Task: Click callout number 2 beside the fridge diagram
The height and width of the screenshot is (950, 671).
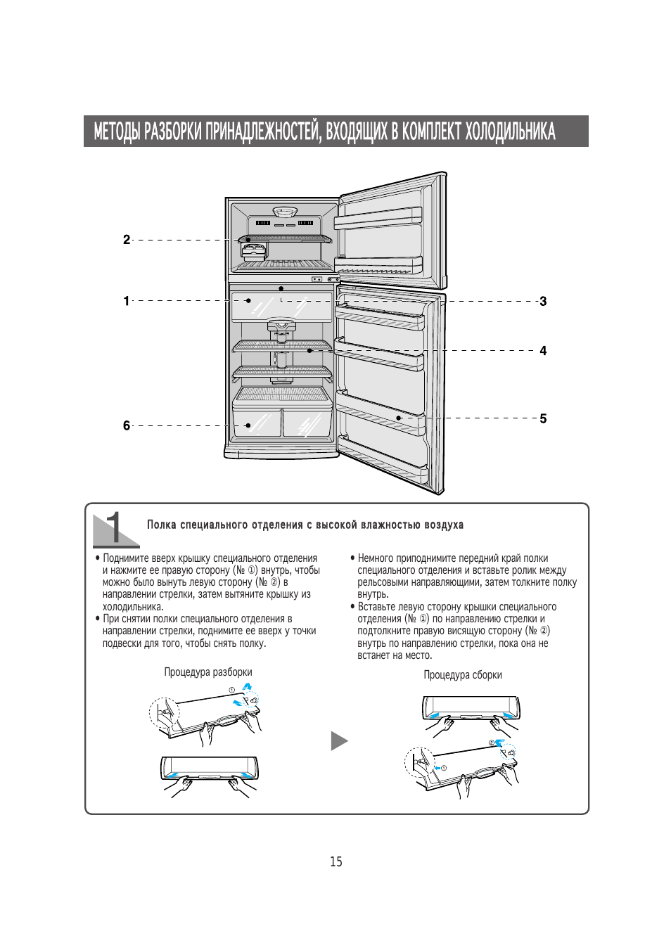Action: [127, 240]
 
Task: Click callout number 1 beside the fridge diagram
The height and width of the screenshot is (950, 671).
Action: [127, 301]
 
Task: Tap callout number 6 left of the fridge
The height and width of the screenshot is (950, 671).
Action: [127, 425]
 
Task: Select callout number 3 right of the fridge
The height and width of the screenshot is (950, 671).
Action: [543, 302]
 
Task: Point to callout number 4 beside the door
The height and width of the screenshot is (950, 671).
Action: [543, 351]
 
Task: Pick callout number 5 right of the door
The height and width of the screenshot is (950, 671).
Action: [543, 418]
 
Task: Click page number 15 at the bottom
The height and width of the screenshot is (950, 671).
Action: [336, 862]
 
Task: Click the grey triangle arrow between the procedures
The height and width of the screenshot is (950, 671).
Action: [339, 740]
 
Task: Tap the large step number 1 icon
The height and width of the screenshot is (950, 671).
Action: [115, 529]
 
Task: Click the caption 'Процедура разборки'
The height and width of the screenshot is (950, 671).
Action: [208, 672]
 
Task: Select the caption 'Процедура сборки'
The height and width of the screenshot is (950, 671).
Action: [463, 675]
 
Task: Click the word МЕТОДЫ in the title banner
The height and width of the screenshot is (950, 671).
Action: [116, 131]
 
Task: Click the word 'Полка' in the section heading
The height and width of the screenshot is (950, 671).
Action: [161, 525]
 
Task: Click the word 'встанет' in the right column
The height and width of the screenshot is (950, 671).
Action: [373, 655]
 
